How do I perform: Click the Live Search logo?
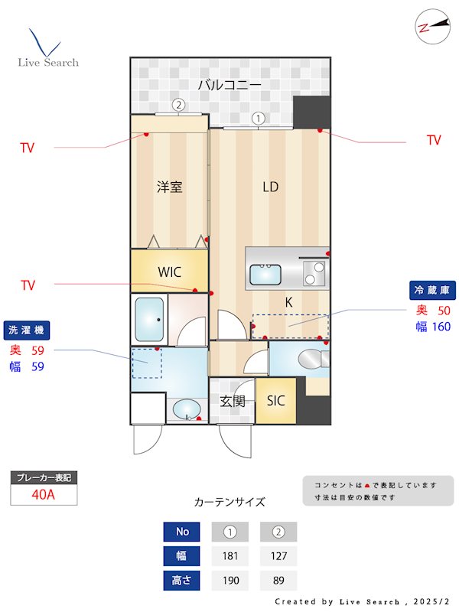pyautogui.click(x=47, y=49)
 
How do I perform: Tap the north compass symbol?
pyautogui.click(x=432, y=26)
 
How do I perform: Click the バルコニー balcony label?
pyautogui.click(x=229, y=84)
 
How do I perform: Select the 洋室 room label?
pyautogui.click(x=169, y=187)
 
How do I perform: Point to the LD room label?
pyautogui.click(x=270, y=187)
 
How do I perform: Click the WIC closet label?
pyautogui.click(x=169, y=272)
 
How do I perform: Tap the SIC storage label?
pyautogui.click(x=275, y=400)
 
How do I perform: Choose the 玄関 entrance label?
pyautogui.click(x=232, y=400)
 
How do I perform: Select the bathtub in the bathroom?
pyautogui.click(x=149, y=318)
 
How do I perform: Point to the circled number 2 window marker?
pyautogui.click(x=177, y=105)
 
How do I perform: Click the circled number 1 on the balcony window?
pyautogui.click(x=259, y=119)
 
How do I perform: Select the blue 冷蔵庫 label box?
pyautogui.click(x=433, y=290)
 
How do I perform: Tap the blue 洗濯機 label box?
pyautogui.click(x=26, y=330)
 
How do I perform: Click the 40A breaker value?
pyautogui.click(x=44, y=494)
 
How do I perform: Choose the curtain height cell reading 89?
pyautogui.click(x=278, y=581)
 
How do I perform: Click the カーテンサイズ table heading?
pyautogui.click(x=229, y=502)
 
